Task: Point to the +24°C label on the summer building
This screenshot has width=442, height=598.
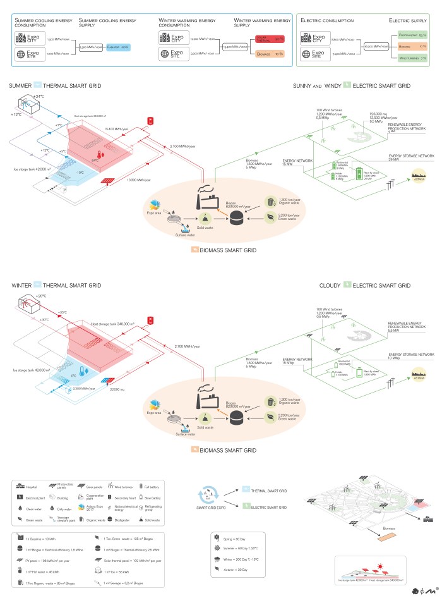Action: (x=38, y=95)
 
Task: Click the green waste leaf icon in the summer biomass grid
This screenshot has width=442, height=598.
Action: (x=270, y=216)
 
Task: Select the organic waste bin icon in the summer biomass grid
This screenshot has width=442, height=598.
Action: (x=270, y=202)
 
